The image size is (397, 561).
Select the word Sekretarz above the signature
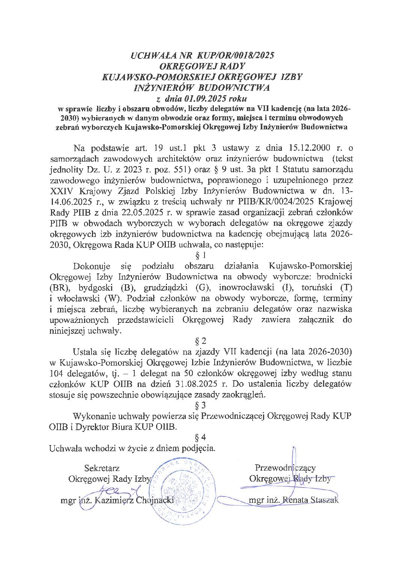(102, 468)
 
